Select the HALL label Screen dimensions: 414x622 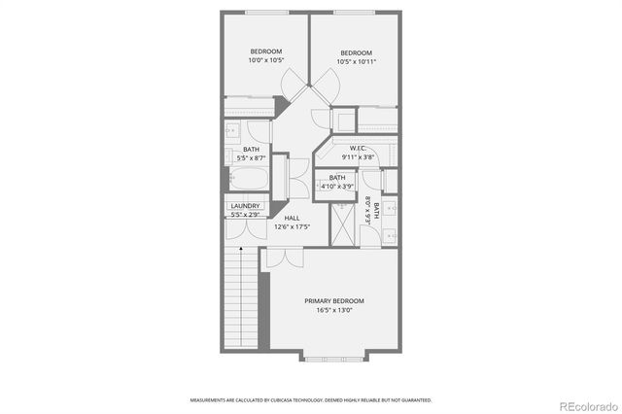pos(292,218)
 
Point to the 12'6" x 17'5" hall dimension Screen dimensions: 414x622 pos(292,227)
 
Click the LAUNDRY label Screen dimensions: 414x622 pos(245,206)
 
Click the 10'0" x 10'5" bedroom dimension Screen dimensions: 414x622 pos(265,60)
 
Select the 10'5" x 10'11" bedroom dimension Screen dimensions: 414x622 pos(357,61)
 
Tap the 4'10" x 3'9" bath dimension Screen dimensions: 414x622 pos(337,187)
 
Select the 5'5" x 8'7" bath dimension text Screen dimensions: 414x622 pos(251,157)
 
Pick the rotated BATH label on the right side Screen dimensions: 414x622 pos(368,210)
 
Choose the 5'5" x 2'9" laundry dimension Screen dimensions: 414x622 pos(245,214)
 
